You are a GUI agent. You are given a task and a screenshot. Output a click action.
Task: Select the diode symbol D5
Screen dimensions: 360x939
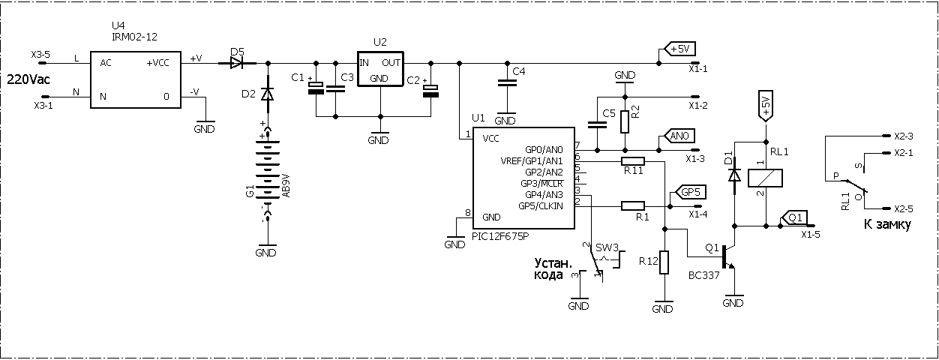237,63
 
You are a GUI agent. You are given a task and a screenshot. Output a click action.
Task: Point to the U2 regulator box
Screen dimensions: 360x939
379,70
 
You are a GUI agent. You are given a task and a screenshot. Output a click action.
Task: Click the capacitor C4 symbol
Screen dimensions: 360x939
506,84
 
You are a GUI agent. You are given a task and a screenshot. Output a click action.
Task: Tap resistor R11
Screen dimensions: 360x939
633,160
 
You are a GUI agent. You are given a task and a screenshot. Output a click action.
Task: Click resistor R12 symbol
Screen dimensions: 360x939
664,262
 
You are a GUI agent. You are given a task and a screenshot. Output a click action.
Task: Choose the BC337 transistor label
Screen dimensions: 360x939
703,275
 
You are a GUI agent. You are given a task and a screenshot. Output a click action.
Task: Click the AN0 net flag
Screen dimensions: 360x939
677,136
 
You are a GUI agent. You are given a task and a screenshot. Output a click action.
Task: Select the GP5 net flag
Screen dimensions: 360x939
688,191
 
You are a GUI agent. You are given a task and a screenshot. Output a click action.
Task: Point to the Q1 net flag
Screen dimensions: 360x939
794,217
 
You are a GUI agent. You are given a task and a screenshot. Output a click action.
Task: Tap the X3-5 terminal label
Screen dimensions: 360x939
40,55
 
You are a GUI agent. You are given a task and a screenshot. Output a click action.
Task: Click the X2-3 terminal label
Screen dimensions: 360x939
903,136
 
